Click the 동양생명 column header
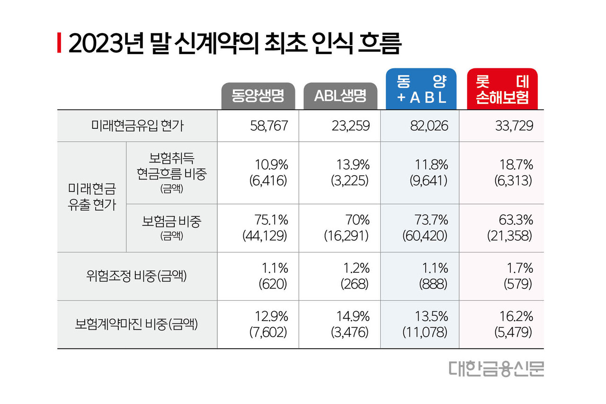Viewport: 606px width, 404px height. coord(258,97)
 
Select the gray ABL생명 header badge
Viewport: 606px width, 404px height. coord(340,97)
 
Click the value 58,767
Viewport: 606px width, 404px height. coord(268,126)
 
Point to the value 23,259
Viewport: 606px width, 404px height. coord(350,126)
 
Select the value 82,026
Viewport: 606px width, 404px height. coord(428,126)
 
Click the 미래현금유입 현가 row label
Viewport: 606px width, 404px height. coord(137,126)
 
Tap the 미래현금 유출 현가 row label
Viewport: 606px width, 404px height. coord(92,197)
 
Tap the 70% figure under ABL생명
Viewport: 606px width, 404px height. coord(357,220)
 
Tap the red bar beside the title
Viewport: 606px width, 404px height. coord(59,44)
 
